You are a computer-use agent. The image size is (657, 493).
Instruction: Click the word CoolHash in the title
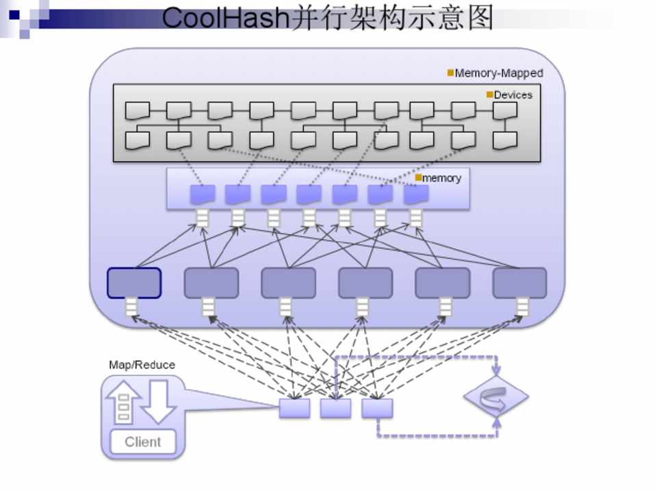click(225, 18)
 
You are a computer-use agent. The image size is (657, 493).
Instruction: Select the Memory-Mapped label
click(499, 73)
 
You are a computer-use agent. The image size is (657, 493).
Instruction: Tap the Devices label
click(513, 95)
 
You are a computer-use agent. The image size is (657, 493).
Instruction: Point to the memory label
click(442, 178)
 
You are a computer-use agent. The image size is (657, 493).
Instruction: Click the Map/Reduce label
click(142, 365)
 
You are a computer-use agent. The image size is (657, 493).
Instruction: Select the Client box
click(143, 442)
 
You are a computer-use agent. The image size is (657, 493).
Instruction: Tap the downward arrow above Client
click(159, 402)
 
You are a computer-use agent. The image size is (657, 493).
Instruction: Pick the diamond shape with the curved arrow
click(496, 396)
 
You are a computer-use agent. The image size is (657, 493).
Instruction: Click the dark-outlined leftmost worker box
click(134, 283)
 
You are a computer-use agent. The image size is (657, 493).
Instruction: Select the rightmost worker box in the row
click(519, 283)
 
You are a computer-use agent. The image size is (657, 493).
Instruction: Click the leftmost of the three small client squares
click(294, 408)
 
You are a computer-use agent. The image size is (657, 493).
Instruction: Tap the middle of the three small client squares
click(335, 408)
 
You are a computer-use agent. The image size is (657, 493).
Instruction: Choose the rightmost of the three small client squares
click(377, 408)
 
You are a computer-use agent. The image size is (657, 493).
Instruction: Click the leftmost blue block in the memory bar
click(202, 194)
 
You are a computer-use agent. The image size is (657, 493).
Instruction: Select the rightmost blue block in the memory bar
click(416, 194)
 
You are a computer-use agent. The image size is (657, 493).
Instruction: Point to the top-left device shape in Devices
click(138, 110)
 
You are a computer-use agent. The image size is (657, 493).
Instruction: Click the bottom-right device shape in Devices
click(505, 140)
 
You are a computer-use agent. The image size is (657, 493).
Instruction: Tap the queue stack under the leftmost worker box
click(131, 307)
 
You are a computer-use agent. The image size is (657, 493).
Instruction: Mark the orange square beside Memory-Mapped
click(450, 73)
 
